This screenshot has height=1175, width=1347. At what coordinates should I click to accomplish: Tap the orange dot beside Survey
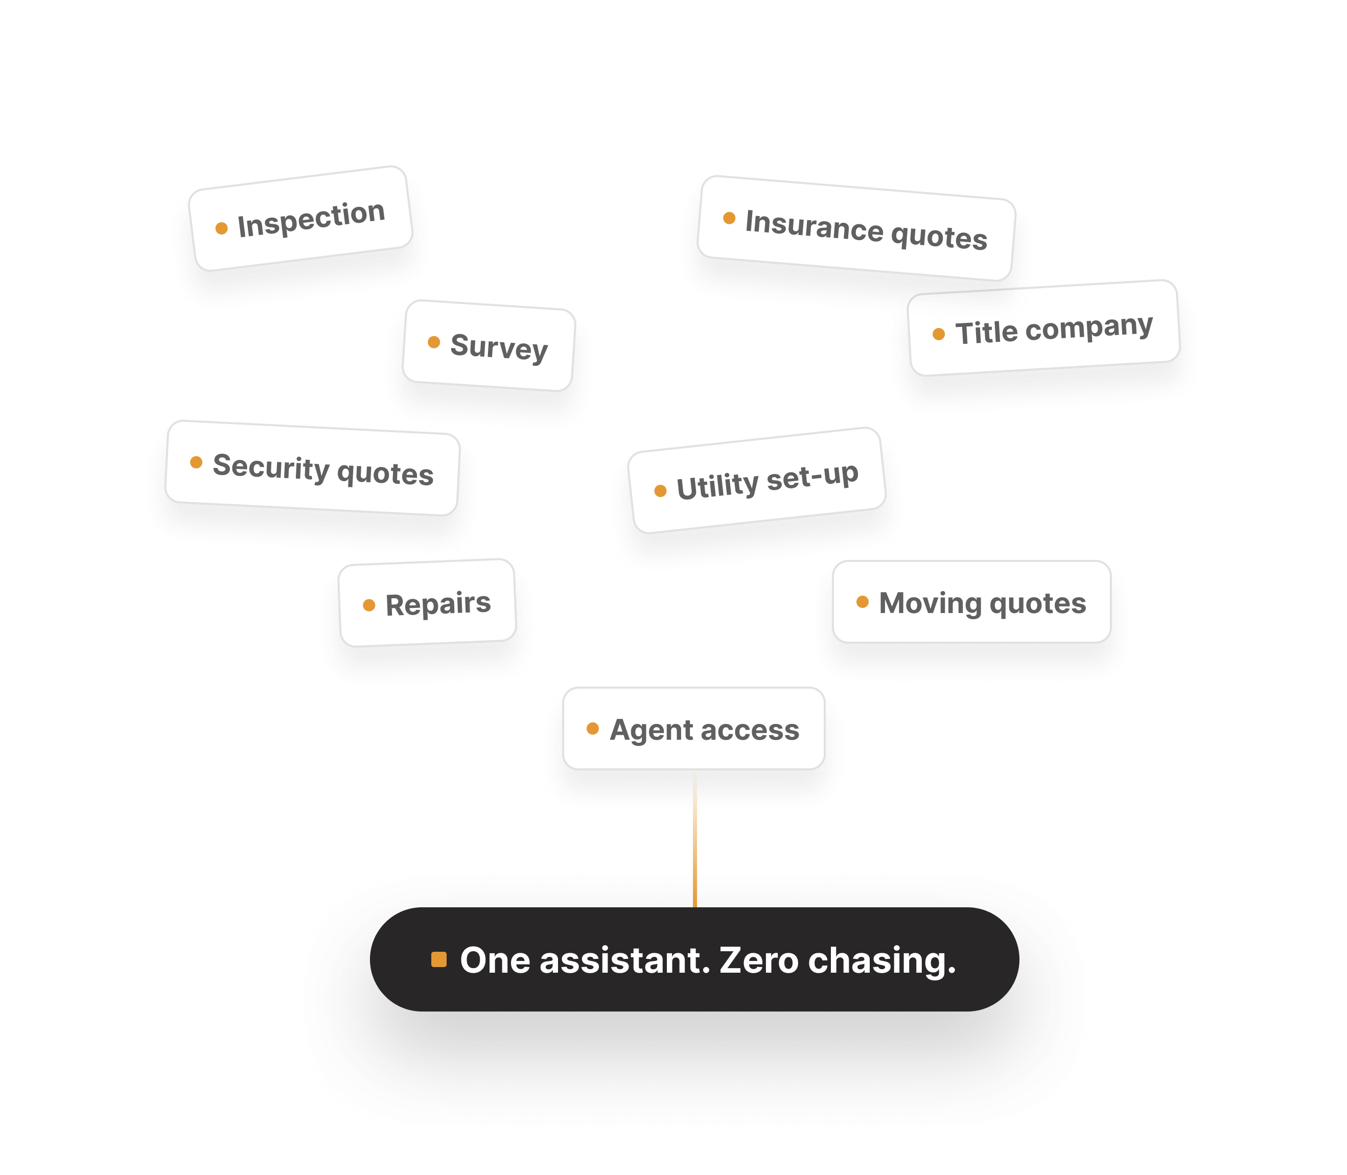(433, 342)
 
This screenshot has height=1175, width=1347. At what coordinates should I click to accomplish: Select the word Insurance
(814, 225)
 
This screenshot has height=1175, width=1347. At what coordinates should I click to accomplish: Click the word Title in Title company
(986, 332)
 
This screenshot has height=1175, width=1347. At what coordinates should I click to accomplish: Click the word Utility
(718, 486)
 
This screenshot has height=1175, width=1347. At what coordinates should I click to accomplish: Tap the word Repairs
(438, 604)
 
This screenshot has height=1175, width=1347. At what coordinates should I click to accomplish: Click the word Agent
(652, 730)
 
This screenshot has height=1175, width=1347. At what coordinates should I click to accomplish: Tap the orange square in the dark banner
(439, 959)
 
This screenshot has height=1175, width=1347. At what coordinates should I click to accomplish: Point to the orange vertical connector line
(694, 839)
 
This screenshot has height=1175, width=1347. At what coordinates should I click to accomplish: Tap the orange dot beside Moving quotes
(863, 602)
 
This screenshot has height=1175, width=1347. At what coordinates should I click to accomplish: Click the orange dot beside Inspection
(222, 228)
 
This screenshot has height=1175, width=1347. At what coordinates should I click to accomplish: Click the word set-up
(812, 476)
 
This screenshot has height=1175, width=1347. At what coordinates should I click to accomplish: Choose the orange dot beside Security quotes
(196, 462)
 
